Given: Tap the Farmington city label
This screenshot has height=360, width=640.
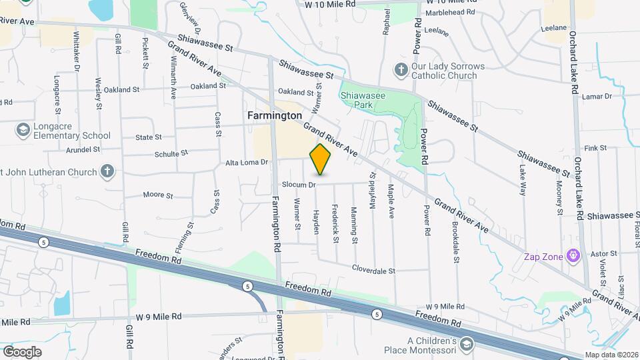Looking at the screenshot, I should [x=275, y=115].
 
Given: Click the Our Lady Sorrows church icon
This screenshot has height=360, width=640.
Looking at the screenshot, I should [x=401, y=70].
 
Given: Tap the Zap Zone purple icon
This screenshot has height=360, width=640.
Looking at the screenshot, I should [x=571, y=255].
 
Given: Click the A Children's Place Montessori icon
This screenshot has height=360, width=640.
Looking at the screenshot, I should [x=467, y=344].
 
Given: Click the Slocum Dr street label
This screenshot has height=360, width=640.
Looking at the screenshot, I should [x=298, y=185].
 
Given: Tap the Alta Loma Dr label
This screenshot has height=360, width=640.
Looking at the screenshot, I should [x=247, y=162].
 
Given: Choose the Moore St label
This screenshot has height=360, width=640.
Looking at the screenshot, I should [x=158, y=196].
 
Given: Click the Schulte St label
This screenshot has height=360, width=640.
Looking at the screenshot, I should [x=167, y=154].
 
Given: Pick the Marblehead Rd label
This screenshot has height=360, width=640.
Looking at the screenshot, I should [x=451, y=13].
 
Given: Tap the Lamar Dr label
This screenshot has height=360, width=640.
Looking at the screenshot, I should [x=596, y=97].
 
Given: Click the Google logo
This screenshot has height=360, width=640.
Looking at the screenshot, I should [x=22, y=351].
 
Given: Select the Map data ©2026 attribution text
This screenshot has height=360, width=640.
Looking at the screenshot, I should [x=611, y=355].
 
